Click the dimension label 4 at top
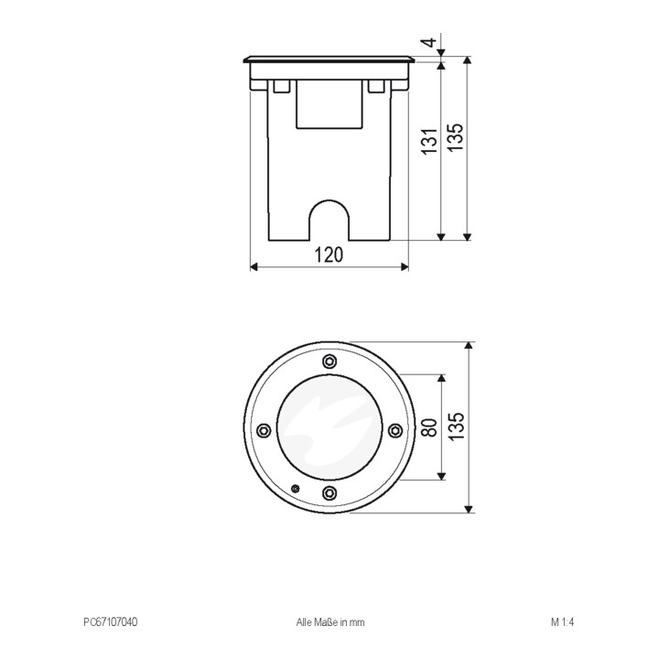pyautogui.click(x=429, y=42)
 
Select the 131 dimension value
pyautogui.click(x=430, y=142)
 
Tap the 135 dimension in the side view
pyautogui.click(x=455, y=137)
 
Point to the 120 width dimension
pyautogui.click(x=329, y=254)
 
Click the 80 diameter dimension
pyautogui.click(x=429, y=427)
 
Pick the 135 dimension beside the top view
pyautogui.click(x=456, y=427)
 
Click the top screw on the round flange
pyautogui.click(x=329, y=361)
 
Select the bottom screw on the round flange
pyautogui.click(x=329, y=492)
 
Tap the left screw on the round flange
pyautogui.click(x=264, y=430)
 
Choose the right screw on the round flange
pyautogui.click(x=395, y=430)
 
